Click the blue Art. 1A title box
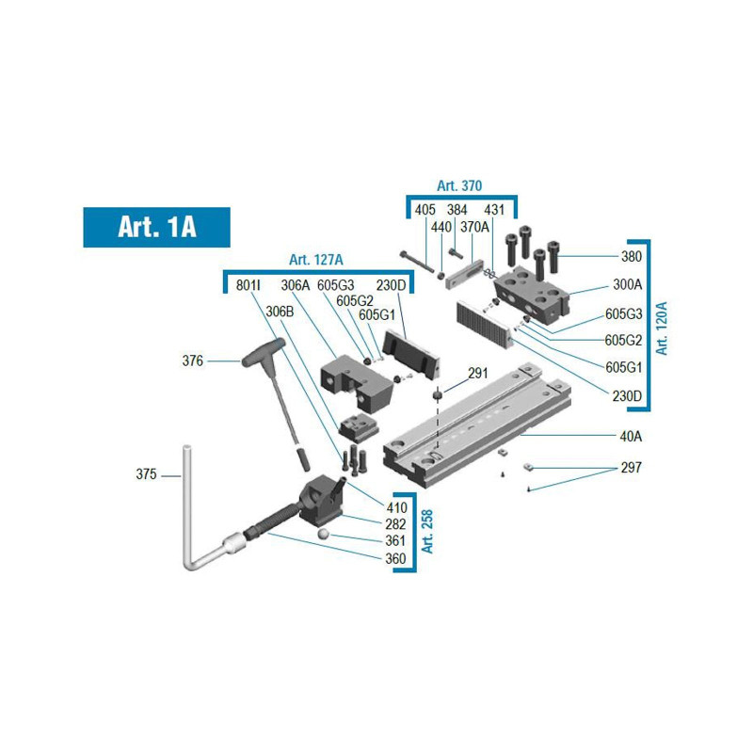[156, 227]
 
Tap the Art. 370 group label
[459, 185]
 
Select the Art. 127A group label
[316, 260]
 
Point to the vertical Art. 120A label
[663, 328]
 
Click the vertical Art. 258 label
[427, 532]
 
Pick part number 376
[193, 360]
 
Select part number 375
[146, 474]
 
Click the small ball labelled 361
[323, 535]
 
